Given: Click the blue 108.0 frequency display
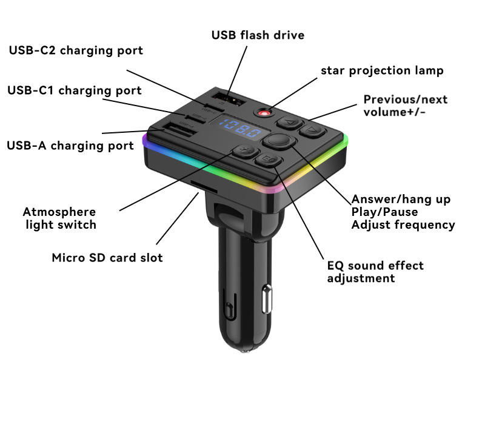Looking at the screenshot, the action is pos(240,129).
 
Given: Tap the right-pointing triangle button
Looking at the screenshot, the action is pos(310,130).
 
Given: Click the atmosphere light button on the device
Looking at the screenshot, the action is pos(245,151).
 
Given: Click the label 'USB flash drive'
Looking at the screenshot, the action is pos(258,35).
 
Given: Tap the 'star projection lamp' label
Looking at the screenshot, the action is pos(382,70).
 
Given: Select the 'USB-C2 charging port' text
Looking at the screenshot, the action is pos(76,50).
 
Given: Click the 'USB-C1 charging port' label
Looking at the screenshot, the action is pos(74,90).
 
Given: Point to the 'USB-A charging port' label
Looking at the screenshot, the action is pos(70,146).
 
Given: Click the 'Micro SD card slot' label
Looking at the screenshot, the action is pos(107,257).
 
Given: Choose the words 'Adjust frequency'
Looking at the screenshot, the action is pos(403,224).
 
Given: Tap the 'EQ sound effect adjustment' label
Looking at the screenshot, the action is pos(375,272).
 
